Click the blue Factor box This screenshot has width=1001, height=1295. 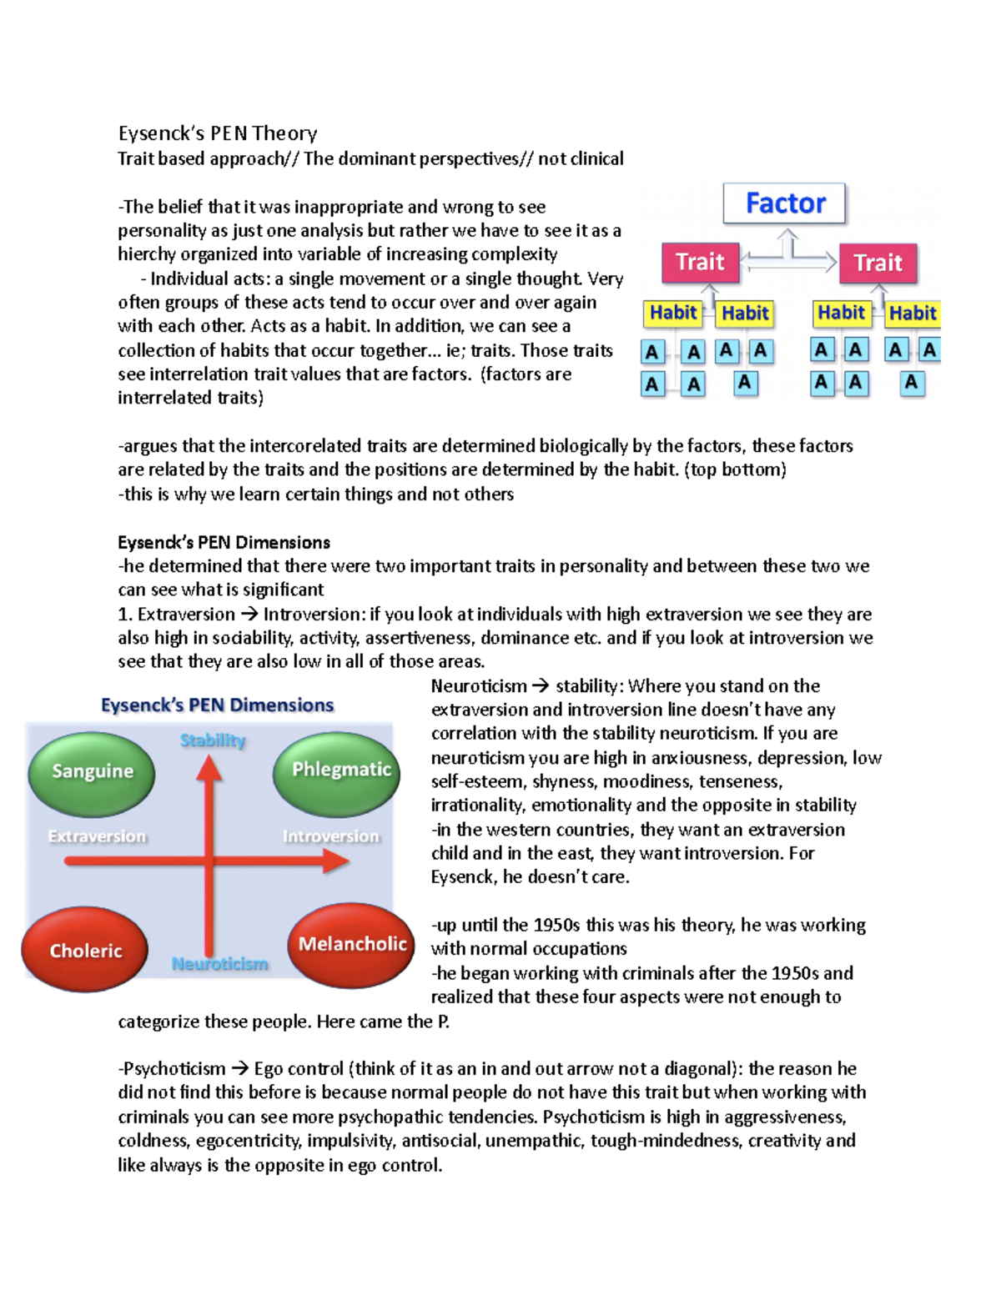coord(784,203)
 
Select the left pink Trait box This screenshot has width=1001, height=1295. coord(700,263)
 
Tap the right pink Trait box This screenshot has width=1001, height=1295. coord(878,264)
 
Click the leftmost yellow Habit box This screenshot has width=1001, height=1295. coord(672,313)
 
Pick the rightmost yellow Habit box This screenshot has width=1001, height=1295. coord(912,314)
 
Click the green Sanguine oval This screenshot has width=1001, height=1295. coord(92,771)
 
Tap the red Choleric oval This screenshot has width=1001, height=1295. coord(85,951)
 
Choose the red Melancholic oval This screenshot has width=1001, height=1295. coord(352,944)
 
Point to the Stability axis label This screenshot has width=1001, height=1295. coord(213,740)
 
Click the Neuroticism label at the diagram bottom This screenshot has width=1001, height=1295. coord(220,964)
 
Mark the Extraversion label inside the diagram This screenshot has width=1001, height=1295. coord(97,836)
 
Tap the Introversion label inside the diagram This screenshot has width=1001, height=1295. coord(330,836)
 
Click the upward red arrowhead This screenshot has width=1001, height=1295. coord(209,768)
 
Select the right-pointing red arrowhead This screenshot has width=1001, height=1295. coord(335,861)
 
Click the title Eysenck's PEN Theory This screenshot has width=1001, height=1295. coord(218,133)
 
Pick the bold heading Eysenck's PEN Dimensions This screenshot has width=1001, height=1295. coord(224,543)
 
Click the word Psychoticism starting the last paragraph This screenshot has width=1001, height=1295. coord(174,1069)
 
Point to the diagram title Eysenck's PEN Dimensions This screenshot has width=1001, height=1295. coord(217,705)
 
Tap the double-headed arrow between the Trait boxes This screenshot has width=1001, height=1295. coord(788,262)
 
